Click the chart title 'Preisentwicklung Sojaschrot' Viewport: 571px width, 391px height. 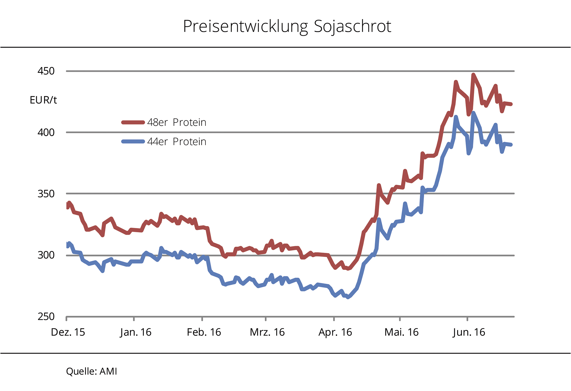pos(287,27)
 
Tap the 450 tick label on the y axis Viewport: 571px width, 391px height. pos(46,71)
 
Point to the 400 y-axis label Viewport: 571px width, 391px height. pos(46,132)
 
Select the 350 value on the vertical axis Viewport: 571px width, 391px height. pos(46,194)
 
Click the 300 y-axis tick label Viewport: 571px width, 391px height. pos(46,255)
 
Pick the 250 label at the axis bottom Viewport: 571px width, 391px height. pos(46,316)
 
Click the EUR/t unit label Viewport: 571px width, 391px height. pos(43,100)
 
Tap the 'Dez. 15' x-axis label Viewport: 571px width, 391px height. pos(68,332)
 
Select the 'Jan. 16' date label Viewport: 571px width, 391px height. pos(136,332)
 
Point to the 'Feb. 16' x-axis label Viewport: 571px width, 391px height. pos(204,332)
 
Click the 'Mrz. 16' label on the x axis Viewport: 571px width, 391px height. pos(267,332)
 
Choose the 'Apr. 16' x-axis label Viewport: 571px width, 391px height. pos(335,332)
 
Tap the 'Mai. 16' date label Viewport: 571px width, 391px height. pos(401,332)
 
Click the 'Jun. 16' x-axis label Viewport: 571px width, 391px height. pos(469,332)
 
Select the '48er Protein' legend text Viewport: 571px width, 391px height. pos(177,122)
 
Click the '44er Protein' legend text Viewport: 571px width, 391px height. pos(177,142)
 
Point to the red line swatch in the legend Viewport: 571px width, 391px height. pos(133,122)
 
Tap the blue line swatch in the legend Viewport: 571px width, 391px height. pos(133,141)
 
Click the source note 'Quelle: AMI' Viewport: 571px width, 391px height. pos(91,371)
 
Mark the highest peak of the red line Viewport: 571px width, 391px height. pos(473,75)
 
